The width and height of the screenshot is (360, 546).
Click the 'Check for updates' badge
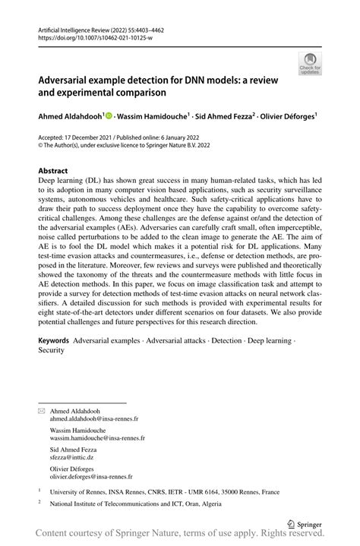310,65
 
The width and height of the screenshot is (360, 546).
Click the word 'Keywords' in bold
55,341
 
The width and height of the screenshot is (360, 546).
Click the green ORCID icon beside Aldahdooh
108,116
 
